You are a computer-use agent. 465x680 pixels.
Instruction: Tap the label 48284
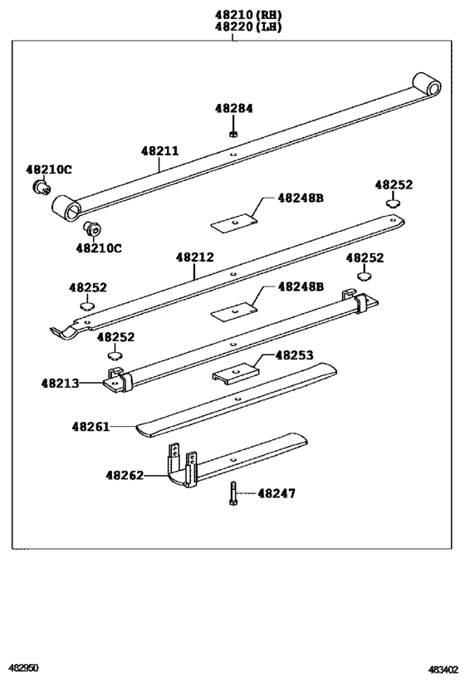click(233, 109)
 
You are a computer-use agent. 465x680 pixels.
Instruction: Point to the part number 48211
click(159, 151)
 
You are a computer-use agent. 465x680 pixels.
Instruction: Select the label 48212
click(194, 257)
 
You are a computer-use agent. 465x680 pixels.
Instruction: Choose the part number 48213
click(60, 383)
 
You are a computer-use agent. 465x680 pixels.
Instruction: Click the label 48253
click(294, 355)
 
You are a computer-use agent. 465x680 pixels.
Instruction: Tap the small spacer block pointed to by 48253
click(237, 374)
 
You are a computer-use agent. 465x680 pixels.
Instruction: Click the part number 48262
click(125, 475)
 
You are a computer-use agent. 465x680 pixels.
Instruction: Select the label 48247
click(276, 493)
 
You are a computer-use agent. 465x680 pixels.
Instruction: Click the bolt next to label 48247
click(232, 495)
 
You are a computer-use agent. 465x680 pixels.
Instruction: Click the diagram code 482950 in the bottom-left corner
click(24, 668)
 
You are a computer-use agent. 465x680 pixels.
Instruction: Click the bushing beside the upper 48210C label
click(37, 188)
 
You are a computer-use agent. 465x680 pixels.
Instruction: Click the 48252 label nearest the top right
click(393, 184)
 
